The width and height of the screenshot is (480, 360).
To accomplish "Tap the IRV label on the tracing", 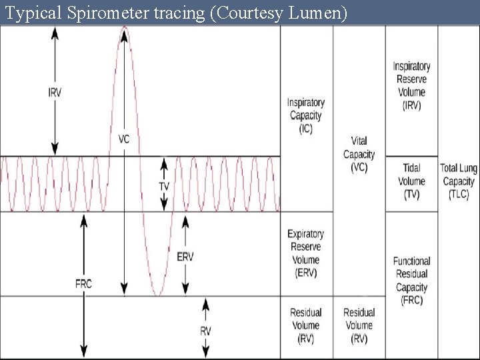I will (55, 93).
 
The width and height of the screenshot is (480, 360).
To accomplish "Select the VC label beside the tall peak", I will (124, 139).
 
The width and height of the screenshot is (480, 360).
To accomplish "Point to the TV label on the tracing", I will (164, 186).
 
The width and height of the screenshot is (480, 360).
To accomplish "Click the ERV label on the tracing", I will (185, 257).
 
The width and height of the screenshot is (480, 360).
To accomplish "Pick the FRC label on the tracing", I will (83, 283).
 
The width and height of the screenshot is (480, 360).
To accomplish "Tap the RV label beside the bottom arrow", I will (206, 331).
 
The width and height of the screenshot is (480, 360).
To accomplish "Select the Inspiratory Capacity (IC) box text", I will (306, 115).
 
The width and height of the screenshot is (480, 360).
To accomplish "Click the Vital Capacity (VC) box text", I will (359, 154).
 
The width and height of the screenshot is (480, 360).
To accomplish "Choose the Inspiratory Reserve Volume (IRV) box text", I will (411, 86).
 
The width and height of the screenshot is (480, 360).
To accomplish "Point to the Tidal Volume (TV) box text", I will (411, 181).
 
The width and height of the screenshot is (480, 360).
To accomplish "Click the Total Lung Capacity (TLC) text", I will (459, 181).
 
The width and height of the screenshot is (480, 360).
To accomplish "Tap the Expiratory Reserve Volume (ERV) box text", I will (306, 253).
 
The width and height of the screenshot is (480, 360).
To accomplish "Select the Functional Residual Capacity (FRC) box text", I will (411, 281).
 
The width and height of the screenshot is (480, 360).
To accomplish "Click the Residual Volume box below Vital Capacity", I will (359, 325).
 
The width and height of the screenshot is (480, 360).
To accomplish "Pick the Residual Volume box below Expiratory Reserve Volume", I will (306, 325).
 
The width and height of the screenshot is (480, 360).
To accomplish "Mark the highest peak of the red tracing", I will (125, 27).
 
